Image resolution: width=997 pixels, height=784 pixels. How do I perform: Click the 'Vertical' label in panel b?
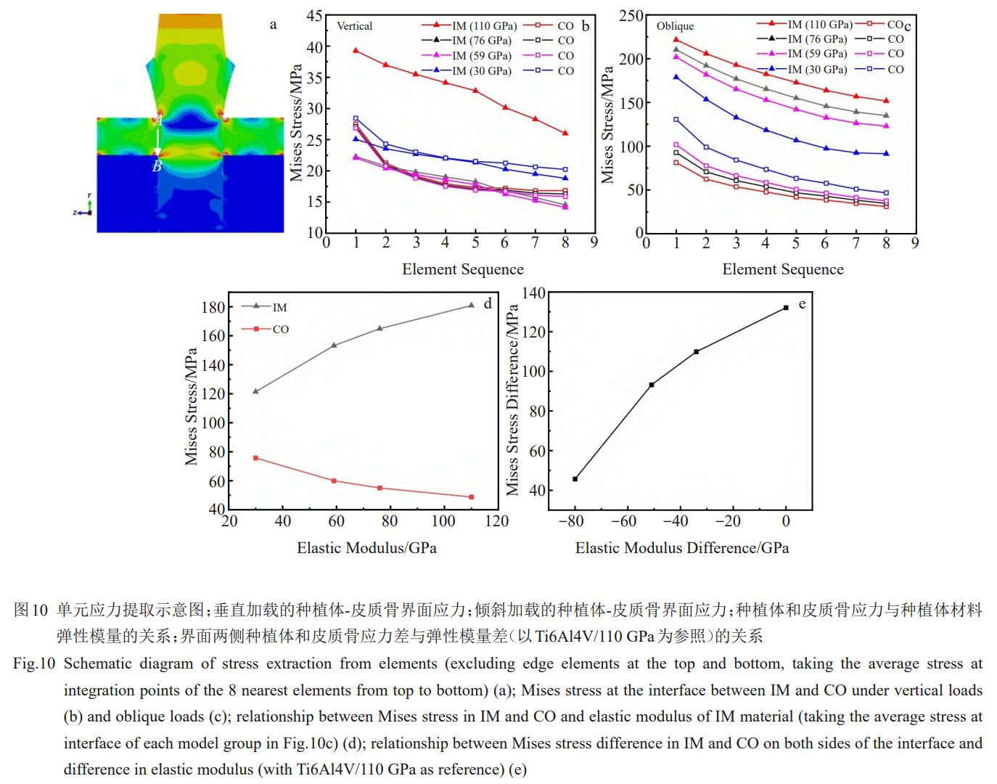coord(354,26)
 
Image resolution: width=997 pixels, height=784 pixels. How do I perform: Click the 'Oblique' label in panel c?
coord(675,26)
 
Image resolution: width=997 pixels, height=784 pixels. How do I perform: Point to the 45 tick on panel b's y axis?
coord(314,16)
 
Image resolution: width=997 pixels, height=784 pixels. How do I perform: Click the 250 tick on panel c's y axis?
coord(631,16)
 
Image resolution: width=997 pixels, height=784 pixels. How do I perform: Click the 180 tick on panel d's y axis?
coord(213,307)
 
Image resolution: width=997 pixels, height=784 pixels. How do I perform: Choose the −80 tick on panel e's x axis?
coord(570,521)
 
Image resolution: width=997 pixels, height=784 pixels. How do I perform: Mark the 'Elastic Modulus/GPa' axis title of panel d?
coord(366,548)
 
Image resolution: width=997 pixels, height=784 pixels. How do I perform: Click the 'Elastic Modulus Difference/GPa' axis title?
coord(682,548)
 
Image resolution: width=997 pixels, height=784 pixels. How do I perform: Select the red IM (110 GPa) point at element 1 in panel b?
coord(356,50)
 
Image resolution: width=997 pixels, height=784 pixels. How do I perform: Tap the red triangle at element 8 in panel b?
coord(565,133)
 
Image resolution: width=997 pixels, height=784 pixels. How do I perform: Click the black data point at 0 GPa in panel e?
coord(786,308)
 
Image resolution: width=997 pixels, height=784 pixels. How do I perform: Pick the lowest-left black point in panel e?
coord(575,479)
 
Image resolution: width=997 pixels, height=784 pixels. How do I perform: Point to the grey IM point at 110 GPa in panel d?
coord(471,306)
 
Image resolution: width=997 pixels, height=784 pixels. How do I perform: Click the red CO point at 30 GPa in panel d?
coord(255,458)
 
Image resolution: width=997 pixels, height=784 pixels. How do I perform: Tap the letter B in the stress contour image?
coord(157,167)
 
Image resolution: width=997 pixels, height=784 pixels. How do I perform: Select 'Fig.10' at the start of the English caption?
coord(34,663)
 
